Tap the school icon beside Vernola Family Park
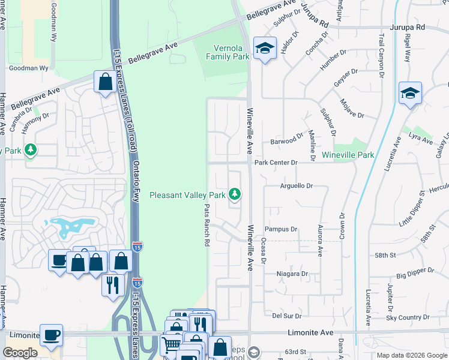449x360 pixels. tap(264, 48)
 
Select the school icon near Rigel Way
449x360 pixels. tap(410, 93)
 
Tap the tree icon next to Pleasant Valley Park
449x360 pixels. tap(237, 194)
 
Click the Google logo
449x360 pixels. tap(20, 353)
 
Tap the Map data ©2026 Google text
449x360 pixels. tap(411, 355)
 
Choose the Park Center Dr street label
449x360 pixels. tap(276, 163)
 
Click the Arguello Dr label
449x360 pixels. tap(297, 187)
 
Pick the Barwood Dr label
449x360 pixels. tap(287, 140)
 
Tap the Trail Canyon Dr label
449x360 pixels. tap(381, 55)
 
